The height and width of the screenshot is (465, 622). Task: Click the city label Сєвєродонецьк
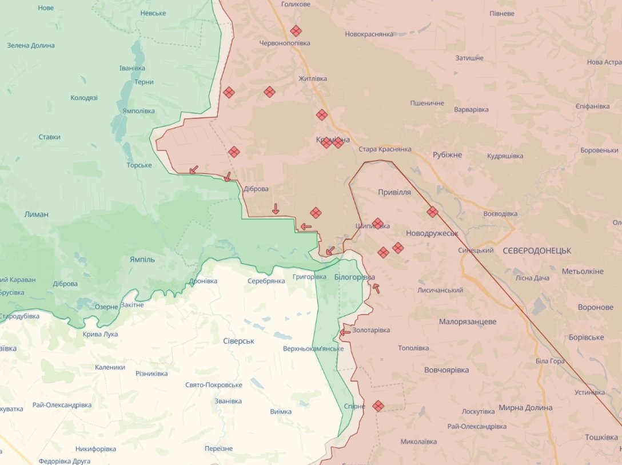click(537, 251)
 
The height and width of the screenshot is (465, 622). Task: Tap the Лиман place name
click(37, 214)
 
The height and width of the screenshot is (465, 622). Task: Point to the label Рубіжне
click(447, 155)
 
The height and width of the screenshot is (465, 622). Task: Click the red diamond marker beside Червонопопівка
click(296, 31)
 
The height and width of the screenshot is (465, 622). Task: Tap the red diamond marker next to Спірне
click(378, 406)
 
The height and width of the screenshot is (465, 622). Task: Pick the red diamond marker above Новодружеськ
click(433, 212)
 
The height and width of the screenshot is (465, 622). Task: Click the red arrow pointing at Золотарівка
click(345, 332)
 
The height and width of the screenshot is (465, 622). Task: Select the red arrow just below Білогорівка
click(376, 288)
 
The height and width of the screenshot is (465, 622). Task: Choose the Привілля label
click(394, 192)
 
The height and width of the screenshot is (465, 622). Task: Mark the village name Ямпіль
click(142, 259)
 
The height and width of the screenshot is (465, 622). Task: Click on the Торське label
click(139, 165)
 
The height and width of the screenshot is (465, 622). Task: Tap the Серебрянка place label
click(266, 281)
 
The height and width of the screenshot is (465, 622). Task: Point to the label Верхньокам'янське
click(313, 348)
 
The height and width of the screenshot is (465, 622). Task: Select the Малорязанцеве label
click(468, 322)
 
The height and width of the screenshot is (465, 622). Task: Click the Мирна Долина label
click(525, 408)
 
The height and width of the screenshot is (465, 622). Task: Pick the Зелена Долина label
click(31, 46)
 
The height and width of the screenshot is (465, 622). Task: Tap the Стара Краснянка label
click(385, 149)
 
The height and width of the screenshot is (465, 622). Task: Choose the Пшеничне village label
click(427, 103)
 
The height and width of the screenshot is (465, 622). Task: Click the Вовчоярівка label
click(446, 370)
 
